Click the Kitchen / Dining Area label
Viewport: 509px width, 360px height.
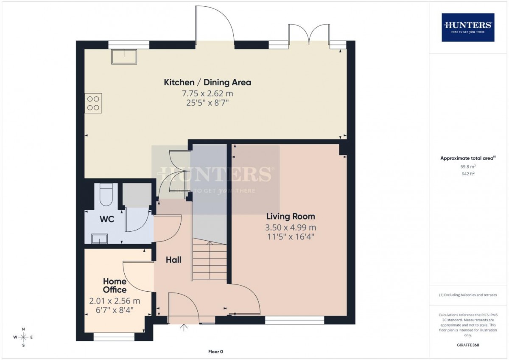coord(207,82)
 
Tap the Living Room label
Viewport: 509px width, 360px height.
coord(291,216)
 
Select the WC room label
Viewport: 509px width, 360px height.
coord(107,219)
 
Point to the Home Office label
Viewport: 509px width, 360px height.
coord(115,285)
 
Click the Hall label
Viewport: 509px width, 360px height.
coord(173,260)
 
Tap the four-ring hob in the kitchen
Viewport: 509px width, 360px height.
coord(93,103)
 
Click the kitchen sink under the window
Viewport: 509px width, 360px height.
coord(124,56)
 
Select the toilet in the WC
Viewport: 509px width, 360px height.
coord(106,195)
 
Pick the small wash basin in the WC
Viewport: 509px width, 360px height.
coord(99,239)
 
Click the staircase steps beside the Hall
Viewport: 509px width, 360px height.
coord(210,261)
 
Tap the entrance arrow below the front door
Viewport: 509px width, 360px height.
coord(184,327)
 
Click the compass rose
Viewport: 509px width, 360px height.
coord(23,337)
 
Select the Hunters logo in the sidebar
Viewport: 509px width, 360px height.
coord(468,28)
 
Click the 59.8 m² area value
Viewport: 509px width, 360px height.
coord(468,166)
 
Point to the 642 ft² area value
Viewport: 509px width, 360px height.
coord(468,174)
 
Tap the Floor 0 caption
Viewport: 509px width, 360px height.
coord(215,352)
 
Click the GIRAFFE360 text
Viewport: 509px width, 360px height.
coord(468,345)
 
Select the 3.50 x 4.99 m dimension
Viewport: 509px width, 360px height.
coord(291,228)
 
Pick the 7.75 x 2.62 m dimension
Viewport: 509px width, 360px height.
coord(207,93)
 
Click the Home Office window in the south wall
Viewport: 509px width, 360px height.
coord(114,337)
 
